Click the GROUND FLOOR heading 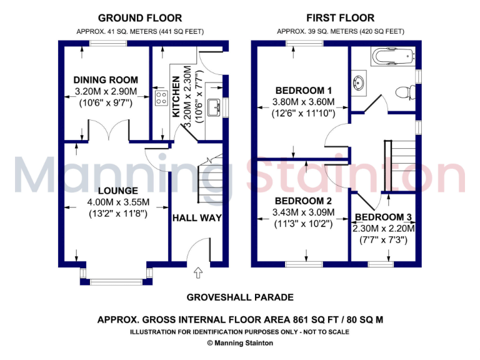coord(140,18)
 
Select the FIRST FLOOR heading coord(341,18)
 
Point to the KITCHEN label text coord(176,97)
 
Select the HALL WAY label coord(197,217)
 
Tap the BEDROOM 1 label coord(303,90)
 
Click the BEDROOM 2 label coord(303,201)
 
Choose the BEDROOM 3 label coord(383,217)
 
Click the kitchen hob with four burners coord(161,97)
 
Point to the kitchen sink coord(216,107)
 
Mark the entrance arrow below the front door coord(199,272)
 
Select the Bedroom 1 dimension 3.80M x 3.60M coord(303,102)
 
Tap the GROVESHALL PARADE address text coord(239,297)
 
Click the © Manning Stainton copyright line coord(239,342)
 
